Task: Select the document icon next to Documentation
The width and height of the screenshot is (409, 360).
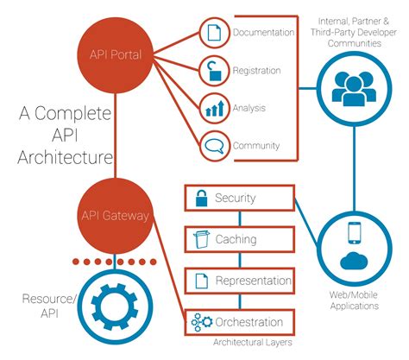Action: pyautogui.click(x=212, y=35)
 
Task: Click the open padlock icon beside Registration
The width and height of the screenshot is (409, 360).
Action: pyautogui.click(x=212, y=71)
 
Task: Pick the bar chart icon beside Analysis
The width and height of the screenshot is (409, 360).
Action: pyautogui.click(x=212, y=108)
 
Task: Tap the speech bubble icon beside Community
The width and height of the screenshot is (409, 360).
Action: pyautogui.click(x=212, y=144)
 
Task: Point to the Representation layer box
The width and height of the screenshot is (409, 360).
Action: pyautogui.click(x=239, y=280)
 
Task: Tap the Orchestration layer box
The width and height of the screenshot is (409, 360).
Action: pyautogui.click(x=239, y=321)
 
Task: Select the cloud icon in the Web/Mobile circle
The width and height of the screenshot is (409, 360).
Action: pyautogui.click(x=354, y=262)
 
